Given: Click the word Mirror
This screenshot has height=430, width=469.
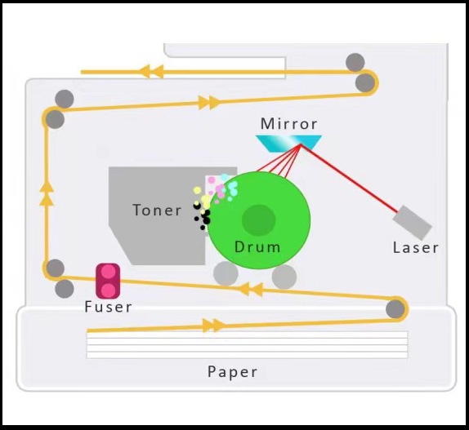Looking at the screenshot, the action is pos(288,124).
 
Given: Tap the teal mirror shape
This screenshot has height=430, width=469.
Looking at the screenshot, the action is pos(288,144).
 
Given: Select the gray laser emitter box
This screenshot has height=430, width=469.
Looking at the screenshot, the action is pos(412,223).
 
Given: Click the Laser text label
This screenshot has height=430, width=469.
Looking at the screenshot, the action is pos(415,248).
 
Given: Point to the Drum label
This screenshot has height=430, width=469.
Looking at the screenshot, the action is pos(257,247).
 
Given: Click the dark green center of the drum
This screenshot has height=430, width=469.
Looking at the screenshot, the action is pos(259,220).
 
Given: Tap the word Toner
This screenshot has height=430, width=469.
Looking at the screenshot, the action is pos(157,210).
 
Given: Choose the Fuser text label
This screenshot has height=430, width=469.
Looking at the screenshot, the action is pos(108,307).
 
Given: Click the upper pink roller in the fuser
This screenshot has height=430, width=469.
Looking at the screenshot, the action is pos(108,272).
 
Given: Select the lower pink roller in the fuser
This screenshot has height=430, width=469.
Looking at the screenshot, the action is pos(108,290).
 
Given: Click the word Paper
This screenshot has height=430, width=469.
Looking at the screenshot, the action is pos(232,372).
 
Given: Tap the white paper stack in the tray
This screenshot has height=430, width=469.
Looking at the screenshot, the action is pos(247,345).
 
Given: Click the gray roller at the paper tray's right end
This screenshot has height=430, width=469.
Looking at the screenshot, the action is pos(395,309).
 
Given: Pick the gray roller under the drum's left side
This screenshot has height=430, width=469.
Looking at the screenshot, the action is pos(226,273).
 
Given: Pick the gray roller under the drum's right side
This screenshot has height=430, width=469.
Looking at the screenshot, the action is pos(284,277).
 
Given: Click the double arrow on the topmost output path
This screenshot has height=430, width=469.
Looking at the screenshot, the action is pos(152,72).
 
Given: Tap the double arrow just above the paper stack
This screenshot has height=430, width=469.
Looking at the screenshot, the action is pos(213,326).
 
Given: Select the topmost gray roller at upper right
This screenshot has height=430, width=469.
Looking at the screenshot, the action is pos(355,62).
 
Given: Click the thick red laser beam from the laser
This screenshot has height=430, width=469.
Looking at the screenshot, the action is pos(350,179).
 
